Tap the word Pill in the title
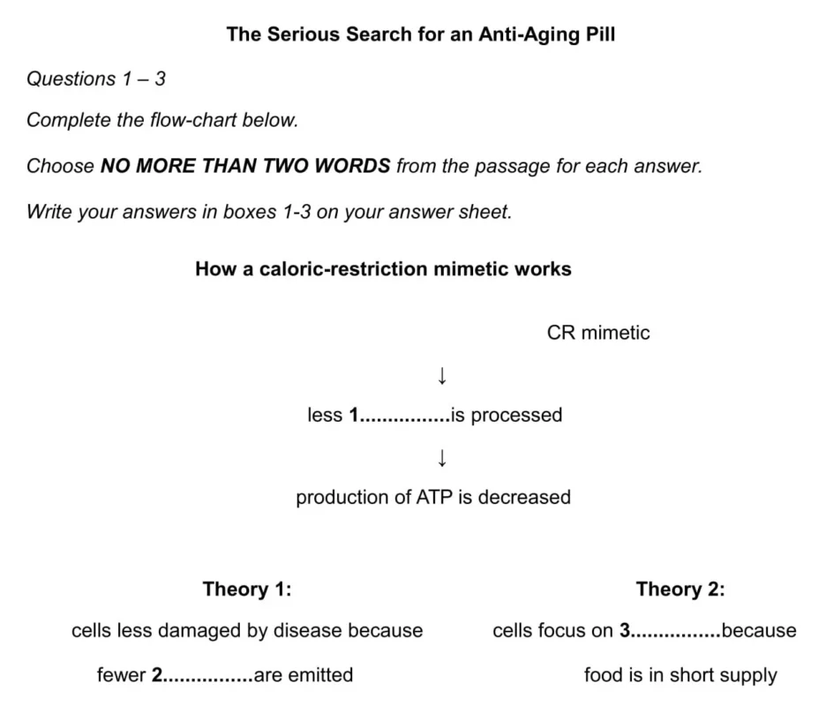(597, 34)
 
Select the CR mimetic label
(598, 333)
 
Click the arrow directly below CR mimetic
(442, 376)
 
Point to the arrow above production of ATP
(442, 457)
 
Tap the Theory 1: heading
(246, 589)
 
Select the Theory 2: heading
(680, 589)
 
